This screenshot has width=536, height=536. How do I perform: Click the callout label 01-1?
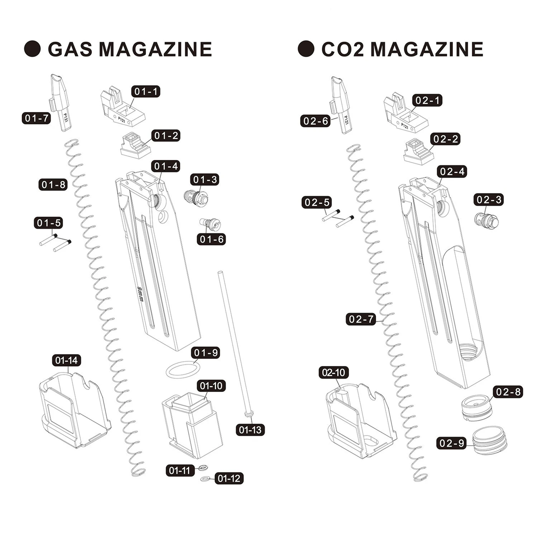point(146,91)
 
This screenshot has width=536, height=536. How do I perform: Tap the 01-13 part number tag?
point(250,430)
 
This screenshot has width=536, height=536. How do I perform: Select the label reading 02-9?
point(451,443)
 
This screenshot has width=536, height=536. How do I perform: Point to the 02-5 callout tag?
point(317,202)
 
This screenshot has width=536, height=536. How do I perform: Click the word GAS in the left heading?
point(70,49)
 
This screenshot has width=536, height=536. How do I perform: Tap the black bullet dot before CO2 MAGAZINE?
point(306,49)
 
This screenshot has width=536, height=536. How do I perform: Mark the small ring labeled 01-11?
point(203,468)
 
